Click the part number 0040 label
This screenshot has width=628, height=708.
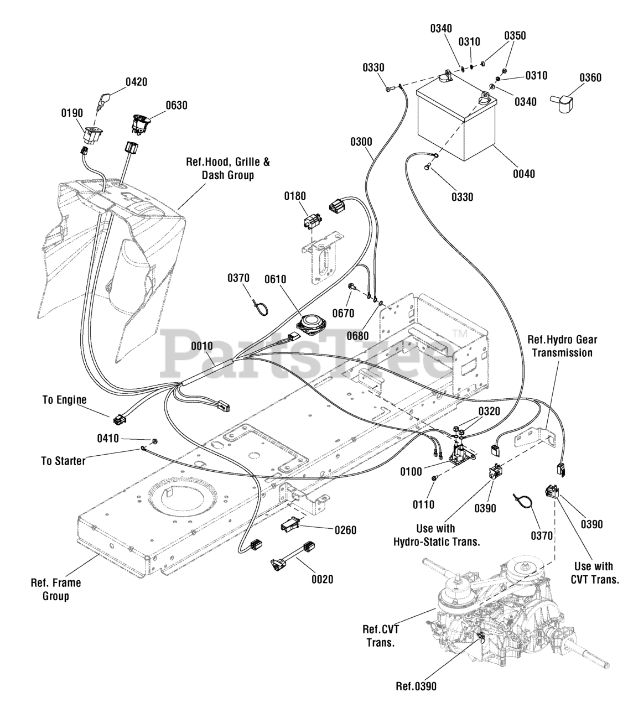[524, 174]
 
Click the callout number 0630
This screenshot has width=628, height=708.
[177, 105]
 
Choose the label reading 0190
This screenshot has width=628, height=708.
[72, 113]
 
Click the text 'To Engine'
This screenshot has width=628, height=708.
[64, 400]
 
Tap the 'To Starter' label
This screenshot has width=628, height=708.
[63, 461]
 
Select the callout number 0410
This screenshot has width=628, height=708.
[108, 438]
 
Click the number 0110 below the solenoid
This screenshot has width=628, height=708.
[423, 504]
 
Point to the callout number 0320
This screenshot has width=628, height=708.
[490, 412]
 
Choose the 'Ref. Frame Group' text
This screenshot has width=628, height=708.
[56, 590]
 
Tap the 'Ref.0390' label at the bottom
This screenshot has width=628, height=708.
[416, 686]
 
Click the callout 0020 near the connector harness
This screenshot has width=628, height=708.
[323, 580]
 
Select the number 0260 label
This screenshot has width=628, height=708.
[345, 530]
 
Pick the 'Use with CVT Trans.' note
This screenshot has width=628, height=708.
[595, 573]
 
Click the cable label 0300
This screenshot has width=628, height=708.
[361, 142]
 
